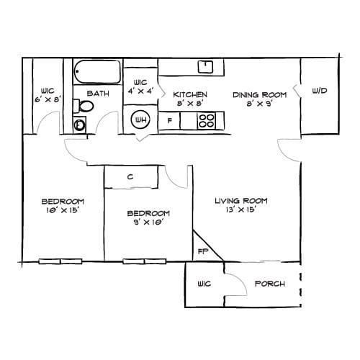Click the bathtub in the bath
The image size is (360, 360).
(x=96, y=72)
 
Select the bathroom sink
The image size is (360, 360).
(x=79, y=125)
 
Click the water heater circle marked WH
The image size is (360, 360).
(x=140, y=120)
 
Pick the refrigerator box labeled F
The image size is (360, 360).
(x=170, y=120)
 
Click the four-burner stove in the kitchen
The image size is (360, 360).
(x=207, y=120)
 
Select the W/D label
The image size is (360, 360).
(x=320, y=91)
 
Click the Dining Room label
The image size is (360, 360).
(x=259, y=94)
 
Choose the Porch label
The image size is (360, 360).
(x=270, y=284)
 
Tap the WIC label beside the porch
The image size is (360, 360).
(x=204, y=284)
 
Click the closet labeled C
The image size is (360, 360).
(x=130, y=177)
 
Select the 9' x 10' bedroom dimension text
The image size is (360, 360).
(x=148, y=222)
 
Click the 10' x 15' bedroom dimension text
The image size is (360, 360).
(x=63, y=210)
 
